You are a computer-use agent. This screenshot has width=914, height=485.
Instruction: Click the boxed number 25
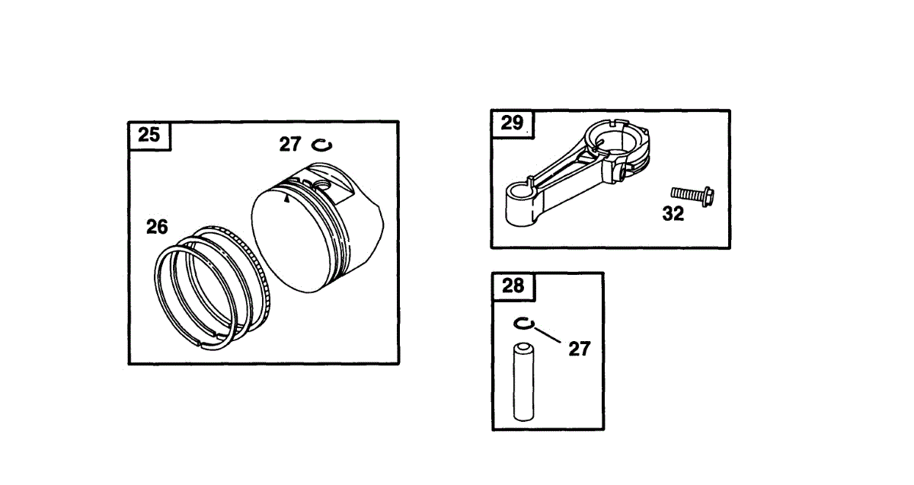click(x=149, y=136)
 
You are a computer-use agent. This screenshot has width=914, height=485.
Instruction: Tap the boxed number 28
click(x=513, y=286)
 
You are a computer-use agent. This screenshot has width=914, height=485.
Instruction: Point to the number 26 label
click(x=157, y=227)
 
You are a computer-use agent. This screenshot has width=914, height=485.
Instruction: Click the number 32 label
click(x=673, y=215)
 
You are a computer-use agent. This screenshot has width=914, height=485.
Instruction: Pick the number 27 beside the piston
click(x=290, y=145)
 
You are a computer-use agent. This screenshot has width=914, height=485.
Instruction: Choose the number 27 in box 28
click(x=579, y=349)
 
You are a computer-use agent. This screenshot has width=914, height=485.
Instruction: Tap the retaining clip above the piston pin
click(x=523, y=324)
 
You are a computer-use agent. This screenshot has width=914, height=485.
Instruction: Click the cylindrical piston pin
click(x=524, y=382)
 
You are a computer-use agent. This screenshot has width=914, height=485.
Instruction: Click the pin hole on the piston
click(x=320, y=185)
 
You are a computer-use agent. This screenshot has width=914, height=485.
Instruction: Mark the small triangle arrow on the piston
click(x=286, y=199)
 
